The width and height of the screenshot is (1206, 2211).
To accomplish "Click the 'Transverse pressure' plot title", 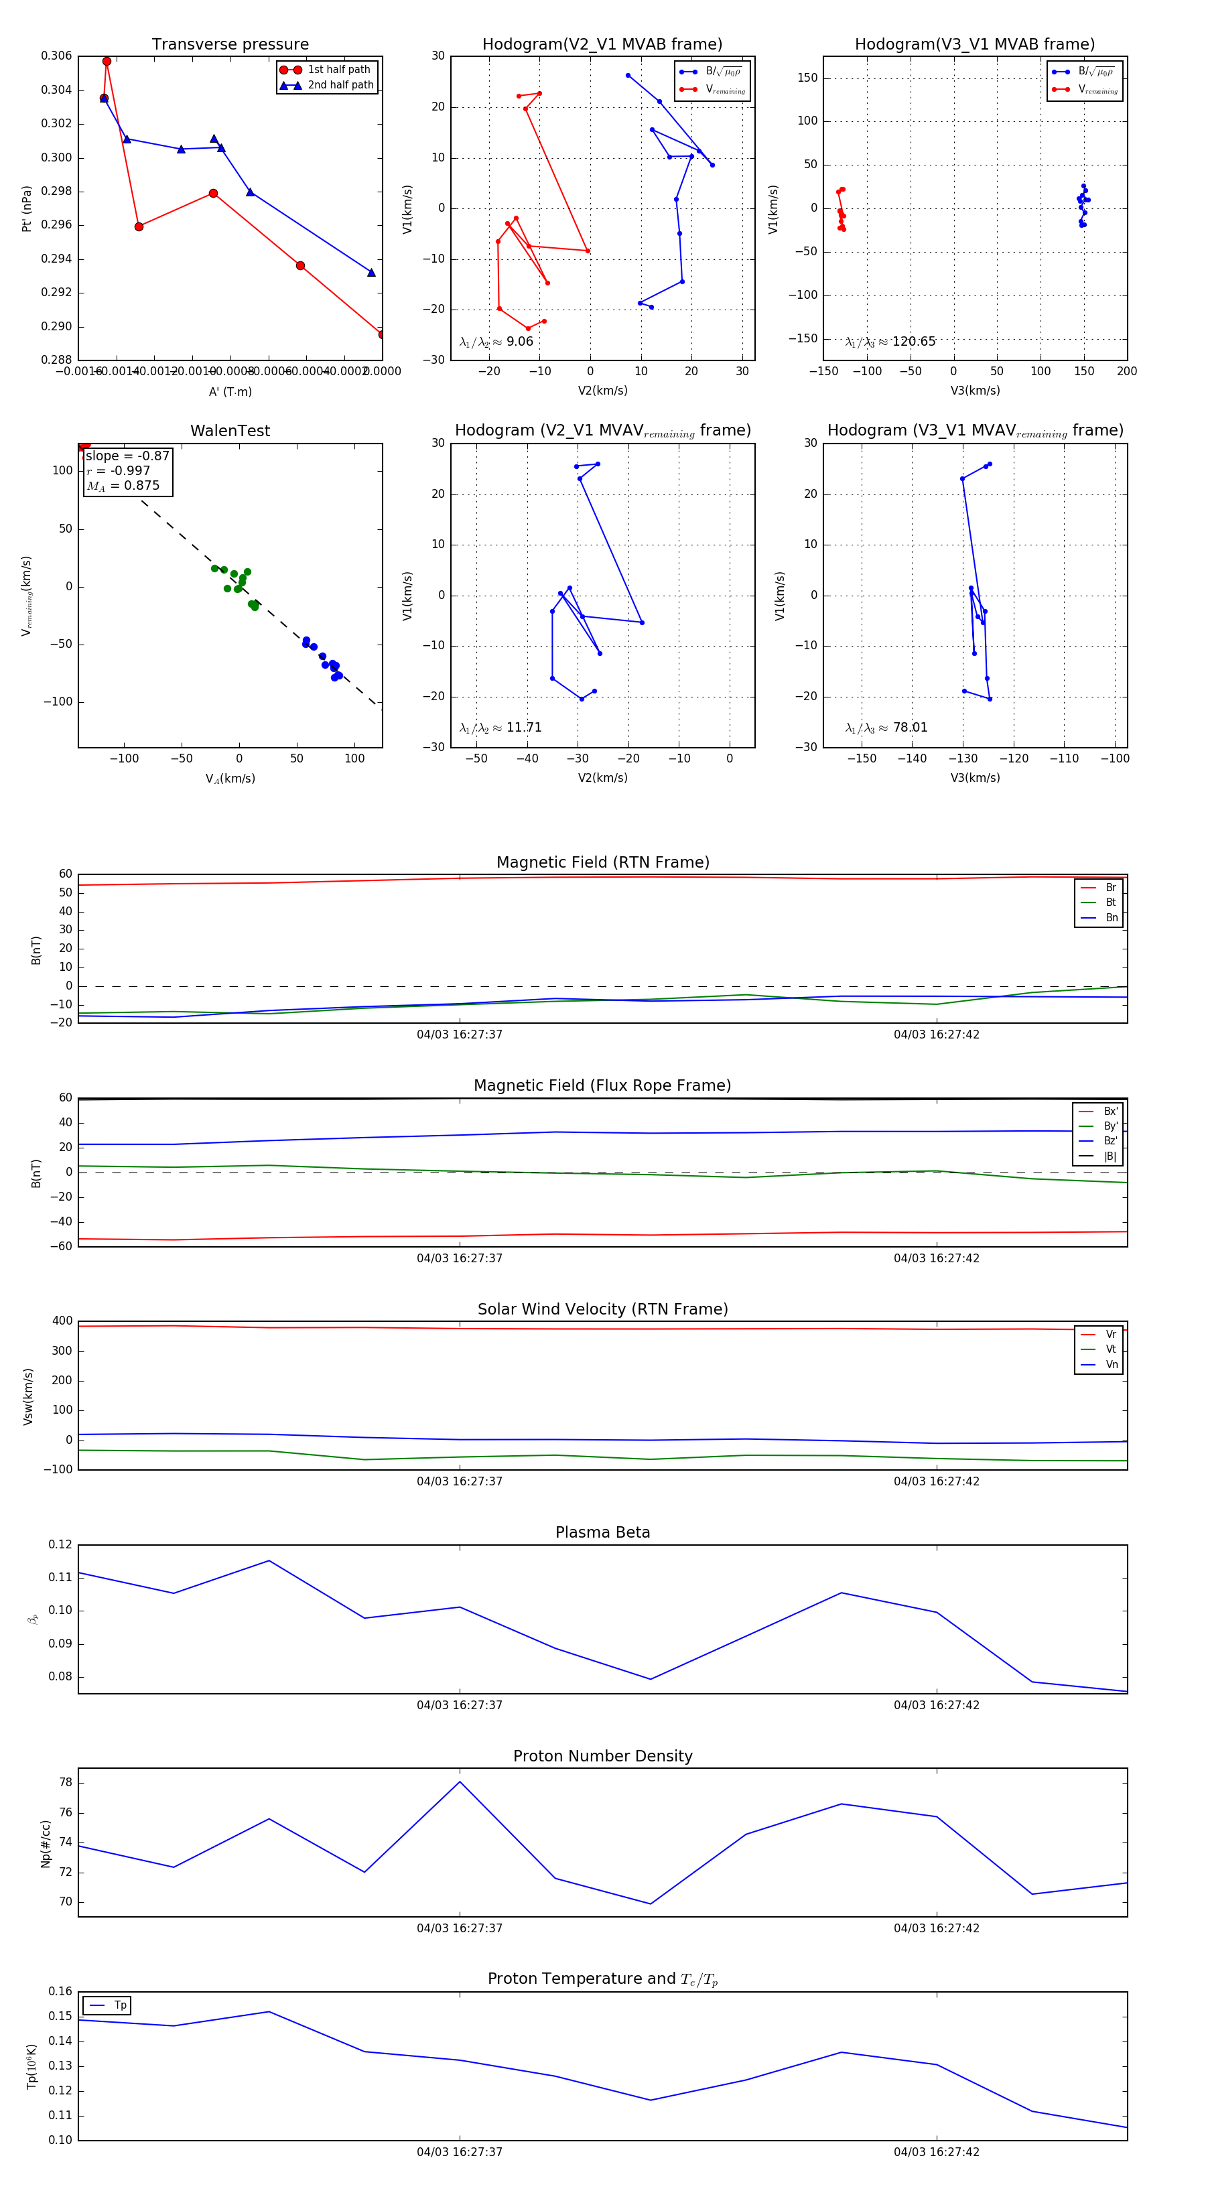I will [230, 45].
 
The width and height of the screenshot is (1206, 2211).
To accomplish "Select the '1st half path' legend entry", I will [339, 70].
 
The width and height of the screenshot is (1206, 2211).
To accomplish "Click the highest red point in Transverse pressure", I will [107, 61].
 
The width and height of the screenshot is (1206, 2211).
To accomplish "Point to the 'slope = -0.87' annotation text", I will [127, 456].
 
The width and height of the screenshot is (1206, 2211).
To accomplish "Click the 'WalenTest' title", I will [230, 431].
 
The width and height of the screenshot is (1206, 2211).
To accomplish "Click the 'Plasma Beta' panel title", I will [602, 1532].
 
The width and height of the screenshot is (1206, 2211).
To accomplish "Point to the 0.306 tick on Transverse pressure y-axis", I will [57, 56].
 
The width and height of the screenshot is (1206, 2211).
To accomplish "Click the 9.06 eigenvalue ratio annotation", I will [519, 342].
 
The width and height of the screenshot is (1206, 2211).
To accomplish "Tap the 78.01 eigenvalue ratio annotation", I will [910, 728].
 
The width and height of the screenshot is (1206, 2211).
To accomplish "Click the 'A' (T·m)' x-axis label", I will [230, 391].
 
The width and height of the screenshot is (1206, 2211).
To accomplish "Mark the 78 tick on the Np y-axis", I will [65, 1783].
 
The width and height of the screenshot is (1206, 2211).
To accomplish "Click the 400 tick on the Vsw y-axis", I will [62, 1321].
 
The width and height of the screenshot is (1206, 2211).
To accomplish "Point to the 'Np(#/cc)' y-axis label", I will [46, 1844].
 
